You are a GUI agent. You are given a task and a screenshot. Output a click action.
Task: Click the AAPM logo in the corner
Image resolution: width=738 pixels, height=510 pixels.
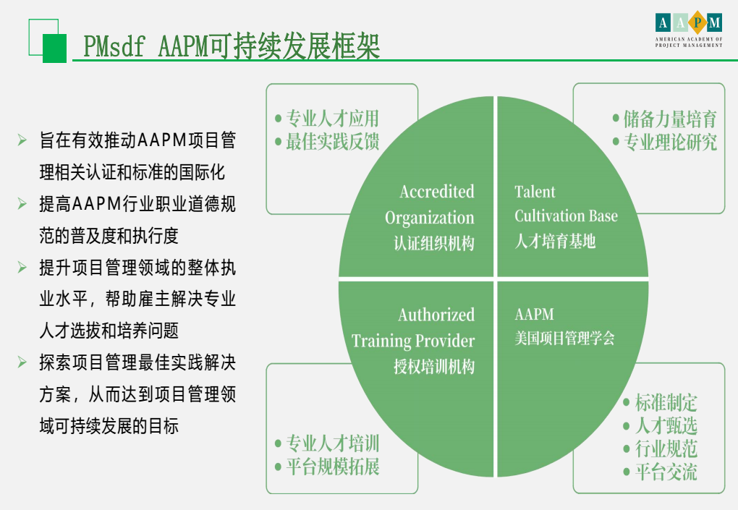[x=689, y=29]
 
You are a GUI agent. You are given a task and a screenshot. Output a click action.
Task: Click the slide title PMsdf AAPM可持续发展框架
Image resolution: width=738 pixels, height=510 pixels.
[x=232, y=46]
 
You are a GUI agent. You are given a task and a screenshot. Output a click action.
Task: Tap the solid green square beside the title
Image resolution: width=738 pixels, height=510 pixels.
[x=54, y=48]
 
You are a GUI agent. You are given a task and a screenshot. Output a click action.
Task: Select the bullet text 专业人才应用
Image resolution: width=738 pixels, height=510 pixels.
[x=332, y=118]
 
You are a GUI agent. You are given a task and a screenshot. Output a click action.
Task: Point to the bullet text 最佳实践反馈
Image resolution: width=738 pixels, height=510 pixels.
[x=332, y=141]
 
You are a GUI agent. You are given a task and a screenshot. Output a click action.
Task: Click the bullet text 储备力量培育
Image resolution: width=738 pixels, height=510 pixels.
[x=670, y=119]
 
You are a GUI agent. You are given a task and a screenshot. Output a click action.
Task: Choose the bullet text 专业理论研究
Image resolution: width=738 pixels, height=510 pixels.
[x=670, y=142]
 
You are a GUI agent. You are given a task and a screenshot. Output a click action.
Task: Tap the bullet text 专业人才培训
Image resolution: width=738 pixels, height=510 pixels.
[x=332, y=443]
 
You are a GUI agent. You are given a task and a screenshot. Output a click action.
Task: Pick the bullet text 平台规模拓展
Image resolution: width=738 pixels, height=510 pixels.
[x=332, y=467]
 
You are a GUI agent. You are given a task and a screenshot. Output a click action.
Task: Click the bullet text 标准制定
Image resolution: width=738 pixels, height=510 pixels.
[x=666, y=403]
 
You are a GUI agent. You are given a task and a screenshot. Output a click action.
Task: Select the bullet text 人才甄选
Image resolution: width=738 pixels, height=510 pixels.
[x=666, y=426]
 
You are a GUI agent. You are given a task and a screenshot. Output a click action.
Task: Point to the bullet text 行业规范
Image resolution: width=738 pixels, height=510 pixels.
[x=666, y=449]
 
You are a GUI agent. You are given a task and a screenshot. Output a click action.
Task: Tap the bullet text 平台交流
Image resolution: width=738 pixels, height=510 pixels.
[x=666, y=472]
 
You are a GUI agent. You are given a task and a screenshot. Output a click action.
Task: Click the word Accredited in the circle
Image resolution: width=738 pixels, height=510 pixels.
[x=437, y=192]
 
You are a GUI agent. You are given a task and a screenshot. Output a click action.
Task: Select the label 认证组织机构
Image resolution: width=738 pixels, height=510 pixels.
[x=434, y=243]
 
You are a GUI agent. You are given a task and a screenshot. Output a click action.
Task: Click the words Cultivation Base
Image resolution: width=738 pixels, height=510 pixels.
[x=566, y=216]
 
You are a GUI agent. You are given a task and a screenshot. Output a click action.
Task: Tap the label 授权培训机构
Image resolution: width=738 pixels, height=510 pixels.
[x=434, y=367]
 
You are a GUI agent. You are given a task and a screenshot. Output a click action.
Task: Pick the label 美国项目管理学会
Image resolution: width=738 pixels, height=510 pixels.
[x=564, y=338]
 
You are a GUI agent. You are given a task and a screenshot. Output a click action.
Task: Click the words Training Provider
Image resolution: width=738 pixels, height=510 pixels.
[x=412, y=341]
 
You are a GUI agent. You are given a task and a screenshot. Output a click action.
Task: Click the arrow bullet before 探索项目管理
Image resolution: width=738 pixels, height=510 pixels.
[x=22, y=362]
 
